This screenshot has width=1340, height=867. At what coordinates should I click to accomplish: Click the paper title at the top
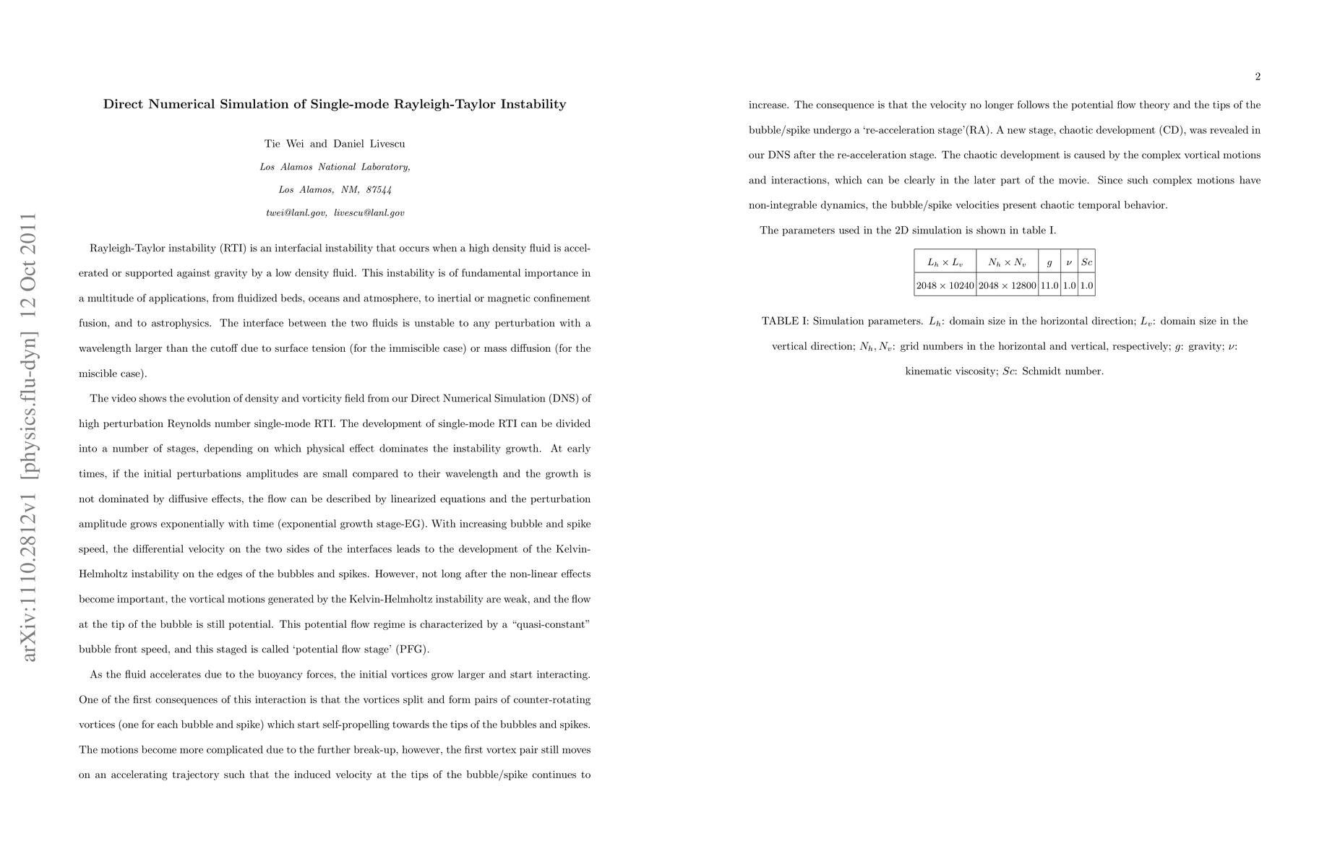pos(335,104)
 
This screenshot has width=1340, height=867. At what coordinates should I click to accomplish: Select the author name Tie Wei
pos(286,144)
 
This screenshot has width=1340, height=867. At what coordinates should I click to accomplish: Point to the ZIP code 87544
pos(379,190)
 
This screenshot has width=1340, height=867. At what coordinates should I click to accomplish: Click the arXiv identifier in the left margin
pos(29,436)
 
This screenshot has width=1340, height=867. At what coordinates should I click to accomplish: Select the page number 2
pos(1258,77)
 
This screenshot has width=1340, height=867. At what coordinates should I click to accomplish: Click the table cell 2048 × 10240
pos(945,285)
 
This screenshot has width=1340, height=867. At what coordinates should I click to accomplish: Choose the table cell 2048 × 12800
pos(1007,285)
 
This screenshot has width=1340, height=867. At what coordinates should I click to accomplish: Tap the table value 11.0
pos(1049,285)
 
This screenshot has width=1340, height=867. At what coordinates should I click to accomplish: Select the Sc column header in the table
pos(1086,262)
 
